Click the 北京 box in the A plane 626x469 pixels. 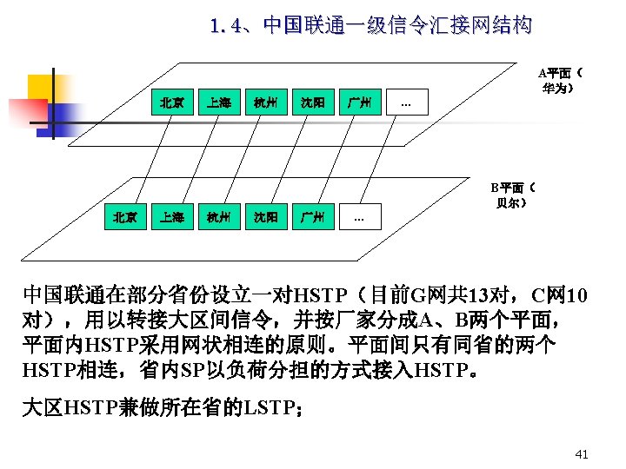[x=171, y=103]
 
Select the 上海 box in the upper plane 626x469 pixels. [x=218, y=103]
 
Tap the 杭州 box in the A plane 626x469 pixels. [x=265, y=103]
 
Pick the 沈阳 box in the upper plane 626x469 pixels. [x=312, y=103]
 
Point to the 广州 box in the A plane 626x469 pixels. [x=359, y=103]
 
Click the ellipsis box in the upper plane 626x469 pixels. [x=406, y=103]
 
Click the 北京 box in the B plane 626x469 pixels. [x=124, y=216]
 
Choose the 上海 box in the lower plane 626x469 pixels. [x=171, y=216]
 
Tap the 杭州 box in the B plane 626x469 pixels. [x=218, y=216]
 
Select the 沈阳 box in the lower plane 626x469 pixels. [x=265, y=216]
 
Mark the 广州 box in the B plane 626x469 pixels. [x=312, y=216]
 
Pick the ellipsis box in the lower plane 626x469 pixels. [x=359, y=216]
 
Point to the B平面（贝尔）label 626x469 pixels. [x=511, y=195]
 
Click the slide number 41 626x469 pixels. [x=582, y=454]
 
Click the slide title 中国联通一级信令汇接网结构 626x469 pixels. [x=370, y=25]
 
